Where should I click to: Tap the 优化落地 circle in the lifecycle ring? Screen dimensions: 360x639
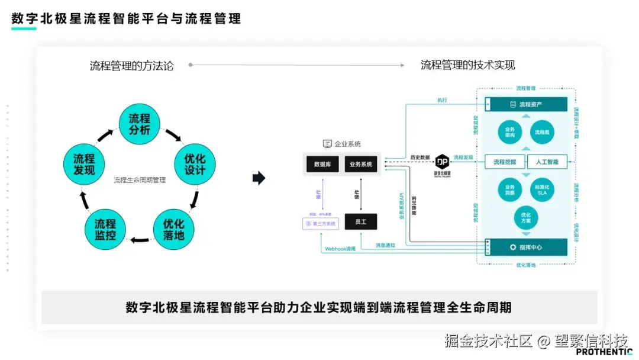click(173, 229)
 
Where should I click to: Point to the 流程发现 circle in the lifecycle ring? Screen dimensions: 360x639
click(84, 165)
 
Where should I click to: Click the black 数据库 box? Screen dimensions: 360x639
click(322, 164)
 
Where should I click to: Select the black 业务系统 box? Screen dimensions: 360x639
click(361, 164)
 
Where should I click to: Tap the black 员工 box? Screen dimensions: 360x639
click(361, 221)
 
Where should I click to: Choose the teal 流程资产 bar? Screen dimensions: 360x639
click(526, 104)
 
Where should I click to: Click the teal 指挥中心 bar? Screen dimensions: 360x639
click(526, 247)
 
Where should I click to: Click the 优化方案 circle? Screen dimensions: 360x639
click(526, 217)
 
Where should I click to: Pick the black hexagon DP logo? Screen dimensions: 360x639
click(443, 160)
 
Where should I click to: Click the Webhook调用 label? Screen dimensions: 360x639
click(340, 249)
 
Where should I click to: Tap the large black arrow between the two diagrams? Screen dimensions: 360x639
click(259, 178)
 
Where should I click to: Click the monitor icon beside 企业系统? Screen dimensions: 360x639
click(327, 144)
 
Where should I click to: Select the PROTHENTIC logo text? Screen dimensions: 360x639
click(604, 352)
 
